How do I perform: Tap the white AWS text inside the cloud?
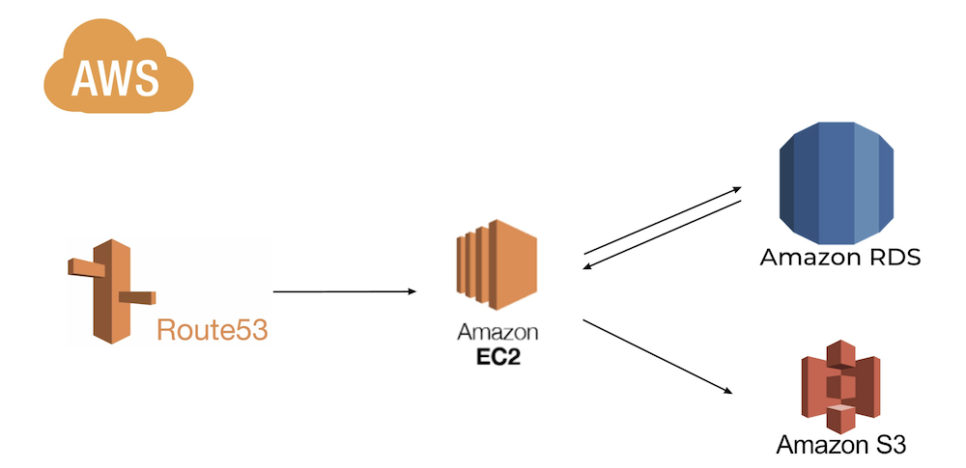(x=115, y=77)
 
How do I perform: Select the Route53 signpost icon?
(x=110, y=289)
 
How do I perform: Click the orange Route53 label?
(x=212, y=331)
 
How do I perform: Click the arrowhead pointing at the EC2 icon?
(x=412, y=290)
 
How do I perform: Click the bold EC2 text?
(x=498, y=354)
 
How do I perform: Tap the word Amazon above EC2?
(x=497, y=333)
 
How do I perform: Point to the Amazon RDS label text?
(x=839, y=258)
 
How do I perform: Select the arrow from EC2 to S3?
(x=657, y=356)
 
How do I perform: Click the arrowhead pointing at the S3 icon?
(x=728, y=390)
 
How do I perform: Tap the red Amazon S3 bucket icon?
(x=841, y=387)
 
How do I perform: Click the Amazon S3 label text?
(x=841, y=445)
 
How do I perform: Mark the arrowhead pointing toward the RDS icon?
(x=736, y=189)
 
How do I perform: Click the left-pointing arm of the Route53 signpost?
(x=81, y=265)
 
